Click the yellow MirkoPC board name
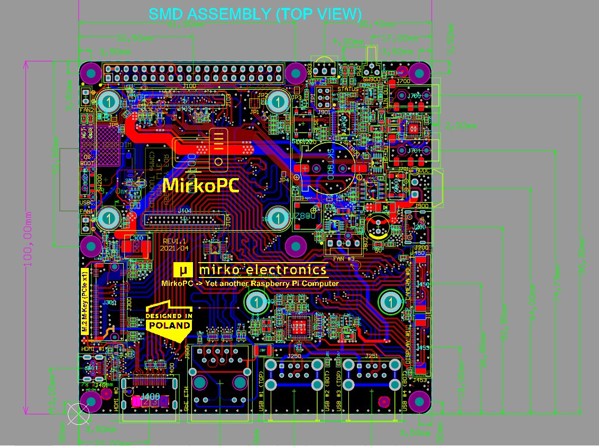(x=200, y=185)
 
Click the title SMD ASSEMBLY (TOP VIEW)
(x=255, y=14)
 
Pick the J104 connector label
(x=185, y=210)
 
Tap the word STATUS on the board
(x=348, y=89)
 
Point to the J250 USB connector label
(x=294, y=356)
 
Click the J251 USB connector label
(x=372, y=356)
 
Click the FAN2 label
(x=87, y=110)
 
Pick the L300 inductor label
(x=136, y=238)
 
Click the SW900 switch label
(x=372, y=79)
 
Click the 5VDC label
(x=425, y=171)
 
